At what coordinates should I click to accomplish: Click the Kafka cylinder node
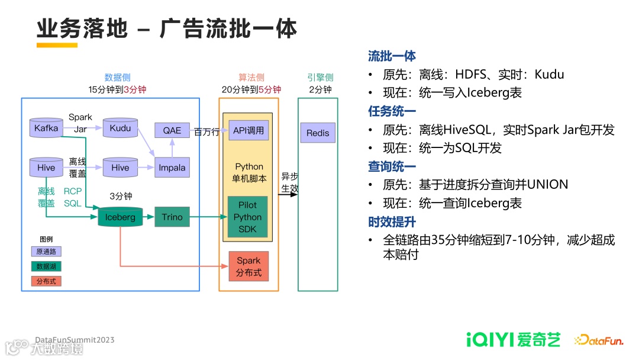(46, 128)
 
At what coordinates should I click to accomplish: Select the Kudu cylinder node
(120, 128)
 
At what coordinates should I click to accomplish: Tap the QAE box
(172, 130)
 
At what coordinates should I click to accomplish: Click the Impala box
(172, 168)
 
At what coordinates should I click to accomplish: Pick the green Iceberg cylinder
(120, 217)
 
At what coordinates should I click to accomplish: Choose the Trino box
(172, 217)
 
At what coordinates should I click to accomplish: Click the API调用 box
(248, 130)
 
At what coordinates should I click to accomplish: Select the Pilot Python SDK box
(248, 217)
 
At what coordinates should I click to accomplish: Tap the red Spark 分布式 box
(248, 266)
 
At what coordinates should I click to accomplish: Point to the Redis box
(318, 133)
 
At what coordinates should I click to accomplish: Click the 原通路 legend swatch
(47, 252)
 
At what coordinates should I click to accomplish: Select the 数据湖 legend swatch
(47, 266)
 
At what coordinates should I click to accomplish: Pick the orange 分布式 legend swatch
(47, 281)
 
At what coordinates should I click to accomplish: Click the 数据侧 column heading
(117, 78)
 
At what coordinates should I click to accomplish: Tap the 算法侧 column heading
(251, 78)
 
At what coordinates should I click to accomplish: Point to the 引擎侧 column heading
(320, 78)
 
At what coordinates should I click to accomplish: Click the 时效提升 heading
(392, 222)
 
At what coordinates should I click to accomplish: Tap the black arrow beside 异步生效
(288, 194)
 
